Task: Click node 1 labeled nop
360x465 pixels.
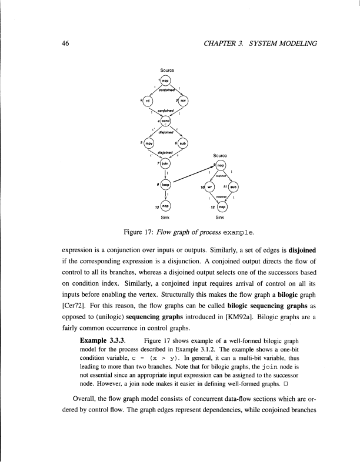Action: (166, 81)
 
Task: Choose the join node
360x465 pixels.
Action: (166, 164)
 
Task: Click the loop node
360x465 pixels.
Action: (166, 185)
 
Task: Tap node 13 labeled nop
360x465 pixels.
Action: (166, 206)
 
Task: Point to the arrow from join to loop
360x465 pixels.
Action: (166, 175)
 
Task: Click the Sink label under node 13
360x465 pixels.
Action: (166, 218)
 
